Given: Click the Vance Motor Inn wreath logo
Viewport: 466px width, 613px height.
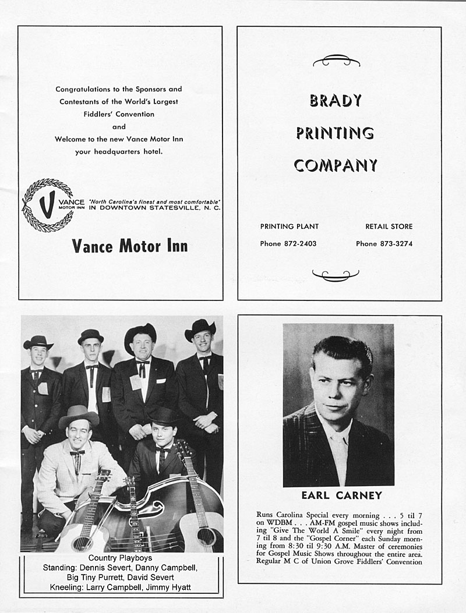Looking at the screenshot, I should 48,205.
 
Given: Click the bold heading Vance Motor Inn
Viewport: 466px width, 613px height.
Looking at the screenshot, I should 130,246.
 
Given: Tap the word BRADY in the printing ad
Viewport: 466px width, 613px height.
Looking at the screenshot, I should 336,101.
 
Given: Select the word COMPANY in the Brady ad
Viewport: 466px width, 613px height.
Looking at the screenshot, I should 336,166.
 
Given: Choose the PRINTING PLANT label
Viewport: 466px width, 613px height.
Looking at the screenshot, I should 290,226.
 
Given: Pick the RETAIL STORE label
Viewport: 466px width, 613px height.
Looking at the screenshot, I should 389,226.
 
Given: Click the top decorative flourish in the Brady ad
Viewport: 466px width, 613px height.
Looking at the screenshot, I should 336,60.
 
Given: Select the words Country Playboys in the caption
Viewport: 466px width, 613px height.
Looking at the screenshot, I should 121,558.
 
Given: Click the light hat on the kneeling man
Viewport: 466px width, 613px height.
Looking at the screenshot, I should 79,415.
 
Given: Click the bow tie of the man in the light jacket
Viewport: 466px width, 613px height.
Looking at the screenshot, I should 77,453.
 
